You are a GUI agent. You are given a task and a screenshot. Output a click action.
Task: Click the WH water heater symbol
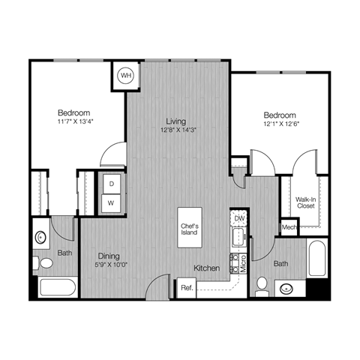pyautogui.click(x=126, y=75)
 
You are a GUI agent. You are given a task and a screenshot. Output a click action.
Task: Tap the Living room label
pyautogui.click(x=176, y=121)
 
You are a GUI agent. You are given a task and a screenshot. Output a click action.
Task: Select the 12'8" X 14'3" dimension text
pyautogui.click(x=176, y=129)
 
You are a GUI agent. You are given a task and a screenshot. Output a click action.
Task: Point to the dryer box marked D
pyautogui.click(x=111, y=184)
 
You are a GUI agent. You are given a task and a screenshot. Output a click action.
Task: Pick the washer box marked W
pyautogui.click(x=111, y=203)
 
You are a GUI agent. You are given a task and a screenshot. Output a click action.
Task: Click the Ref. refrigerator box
pyautogui.click(x=186, y=288)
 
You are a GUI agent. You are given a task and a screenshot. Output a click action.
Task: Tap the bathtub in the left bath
pyautogui.click(x=56, y=288)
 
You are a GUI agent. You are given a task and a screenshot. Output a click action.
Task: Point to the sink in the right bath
pyautogui.click(x=286, y=287)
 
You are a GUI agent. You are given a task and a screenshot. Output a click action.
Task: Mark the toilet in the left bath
pyautogui.click(x=46, y=263)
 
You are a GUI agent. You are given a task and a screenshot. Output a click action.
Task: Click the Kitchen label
pyautogui.click(x=206, y=268)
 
